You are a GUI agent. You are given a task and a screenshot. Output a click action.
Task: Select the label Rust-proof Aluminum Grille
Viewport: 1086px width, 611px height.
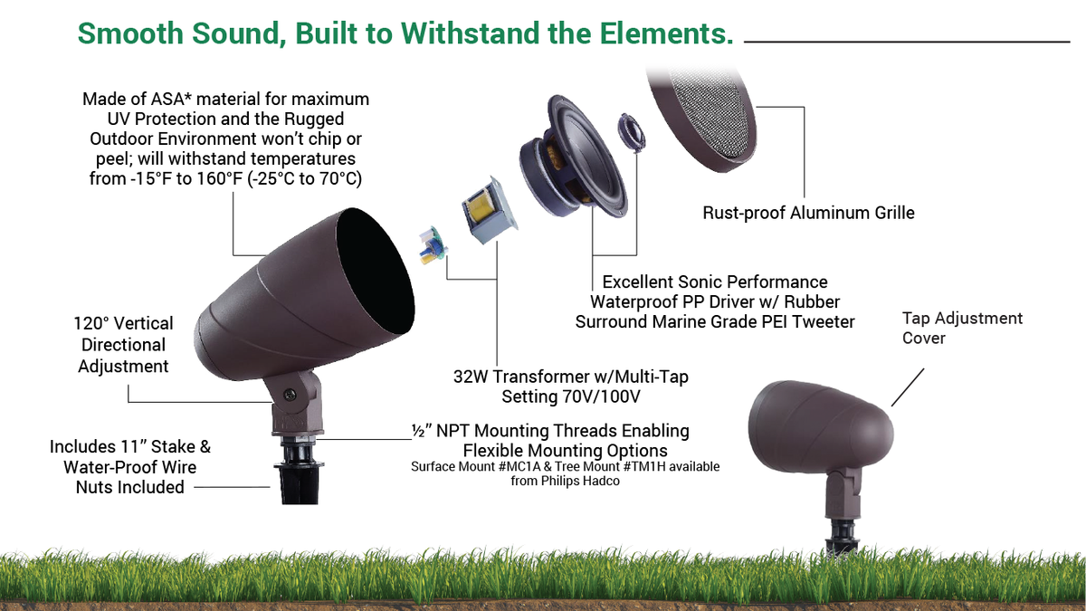point(808,214)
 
